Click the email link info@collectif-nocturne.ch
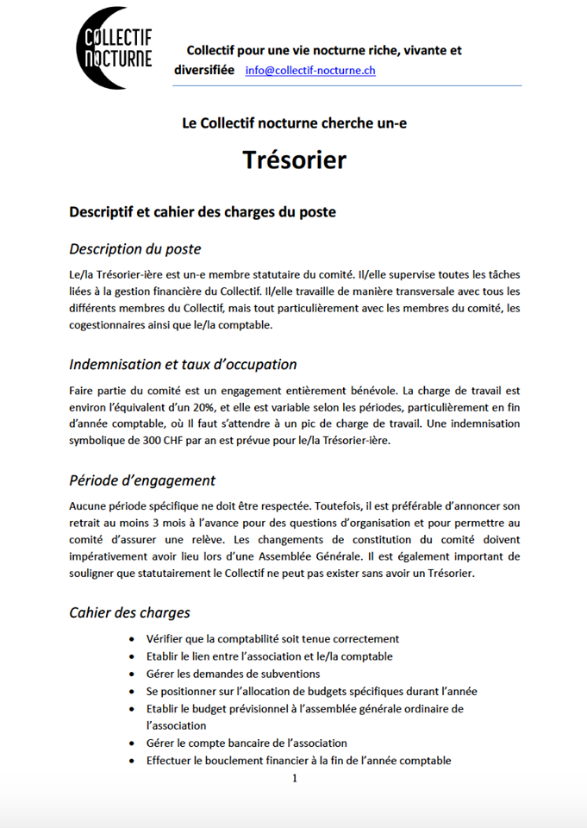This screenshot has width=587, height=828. coord(310,71)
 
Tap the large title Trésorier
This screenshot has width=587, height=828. coord(294,160)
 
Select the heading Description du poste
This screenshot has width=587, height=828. coord(134,249)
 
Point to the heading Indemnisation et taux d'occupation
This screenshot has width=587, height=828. coord(183,364)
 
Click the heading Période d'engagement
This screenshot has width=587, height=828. coord(142,480)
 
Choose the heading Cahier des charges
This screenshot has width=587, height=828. coord(129,612)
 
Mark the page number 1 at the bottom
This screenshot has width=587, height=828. coord(294,778)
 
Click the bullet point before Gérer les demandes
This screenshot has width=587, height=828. coord(130,674)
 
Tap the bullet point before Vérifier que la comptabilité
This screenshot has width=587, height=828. coord(130,639)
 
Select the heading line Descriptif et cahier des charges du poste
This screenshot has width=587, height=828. coord(203,211)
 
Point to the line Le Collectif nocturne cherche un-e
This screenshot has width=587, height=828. coord(294,122)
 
